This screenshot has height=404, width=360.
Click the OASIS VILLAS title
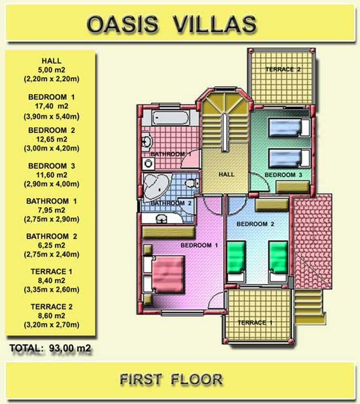point(172,24)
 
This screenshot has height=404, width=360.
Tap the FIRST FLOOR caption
point(171,379)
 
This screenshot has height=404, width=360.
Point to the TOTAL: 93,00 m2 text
point(50,348)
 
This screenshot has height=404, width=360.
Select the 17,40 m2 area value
point(52,106)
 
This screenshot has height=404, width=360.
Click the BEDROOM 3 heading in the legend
point(52,166)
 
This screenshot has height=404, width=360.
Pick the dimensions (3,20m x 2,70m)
point(52,325)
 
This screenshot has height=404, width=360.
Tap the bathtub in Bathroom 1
point(170,118)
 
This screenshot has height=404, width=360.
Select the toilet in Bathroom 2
point(192,183)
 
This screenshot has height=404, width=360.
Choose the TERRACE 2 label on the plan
point(283,69)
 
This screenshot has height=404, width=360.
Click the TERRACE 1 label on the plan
point(255,323)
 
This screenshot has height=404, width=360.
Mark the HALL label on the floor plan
point(226,174)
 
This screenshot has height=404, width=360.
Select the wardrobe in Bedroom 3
point(292,186)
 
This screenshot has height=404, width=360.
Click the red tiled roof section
point(313,241)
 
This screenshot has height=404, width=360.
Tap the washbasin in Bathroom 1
point(146,141)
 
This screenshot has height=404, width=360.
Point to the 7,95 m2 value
point(52,210)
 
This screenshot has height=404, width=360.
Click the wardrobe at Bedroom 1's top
point(169,232)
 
